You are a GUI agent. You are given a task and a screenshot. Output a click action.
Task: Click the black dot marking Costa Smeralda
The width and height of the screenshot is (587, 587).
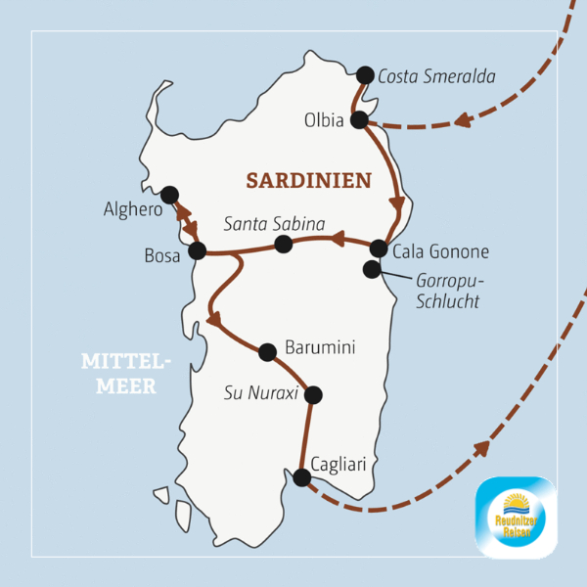pos(365,74)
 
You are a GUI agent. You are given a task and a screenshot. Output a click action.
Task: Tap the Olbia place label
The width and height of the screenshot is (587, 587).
pos(324,121)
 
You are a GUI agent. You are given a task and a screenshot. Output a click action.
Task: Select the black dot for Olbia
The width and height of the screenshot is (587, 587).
pos(359,120)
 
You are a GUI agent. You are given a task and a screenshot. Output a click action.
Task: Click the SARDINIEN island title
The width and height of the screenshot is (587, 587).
pos(308,181)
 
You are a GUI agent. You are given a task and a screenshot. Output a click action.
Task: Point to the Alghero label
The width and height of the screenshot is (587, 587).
pos(132,209)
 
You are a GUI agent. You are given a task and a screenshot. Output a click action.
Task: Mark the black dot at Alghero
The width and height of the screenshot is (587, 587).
pos(169,195)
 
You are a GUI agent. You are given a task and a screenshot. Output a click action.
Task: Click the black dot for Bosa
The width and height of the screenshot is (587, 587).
pos(197,250)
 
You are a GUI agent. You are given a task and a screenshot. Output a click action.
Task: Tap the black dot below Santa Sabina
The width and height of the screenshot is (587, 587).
pos(283,244)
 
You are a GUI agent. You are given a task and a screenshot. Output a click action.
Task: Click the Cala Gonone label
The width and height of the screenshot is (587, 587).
pos(440,251)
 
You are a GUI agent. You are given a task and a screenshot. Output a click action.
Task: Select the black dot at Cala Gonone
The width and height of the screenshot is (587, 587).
pos(379,248)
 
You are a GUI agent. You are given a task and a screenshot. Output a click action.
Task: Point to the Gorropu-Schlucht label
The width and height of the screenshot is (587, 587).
pos(447,292)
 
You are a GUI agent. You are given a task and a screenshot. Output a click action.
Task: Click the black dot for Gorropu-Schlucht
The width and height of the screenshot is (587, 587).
pos(372,269)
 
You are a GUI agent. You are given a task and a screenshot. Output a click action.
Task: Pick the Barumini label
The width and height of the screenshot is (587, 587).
pos(318,347)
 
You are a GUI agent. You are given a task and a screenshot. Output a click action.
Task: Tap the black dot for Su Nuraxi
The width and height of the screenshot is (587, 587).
pos(313,395)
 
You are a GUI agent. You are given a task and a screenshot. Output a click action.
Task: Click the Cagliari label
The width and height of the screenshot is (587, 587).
pos(339,464)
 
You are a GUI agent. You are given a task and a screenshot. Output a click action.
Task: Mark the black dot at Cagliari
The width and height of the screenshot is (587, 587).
pos(302,477)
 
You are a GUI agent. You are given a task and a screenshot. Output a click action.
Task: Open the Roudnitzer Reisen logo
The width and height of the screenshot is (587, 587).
pos(515,517)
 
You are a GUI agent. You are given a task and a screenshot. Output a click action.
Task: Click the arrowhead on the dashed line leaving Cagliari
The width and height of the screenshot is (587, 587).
pos(480,449)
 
